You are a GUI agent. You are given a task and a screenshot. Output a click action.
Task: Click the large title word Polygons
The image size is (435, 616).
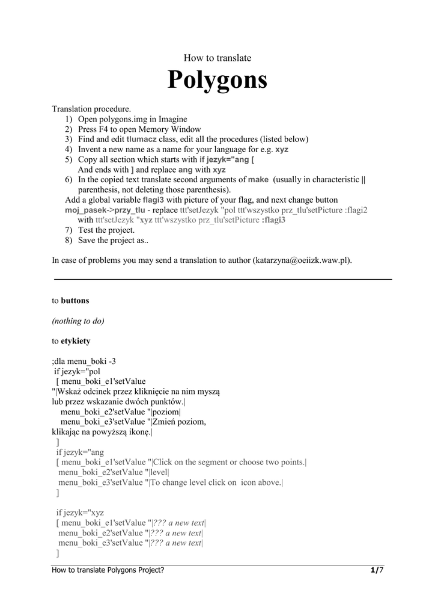coord(217,80)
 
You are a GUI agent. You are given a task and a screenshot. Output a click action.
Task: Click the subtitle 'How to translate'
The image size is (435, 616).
coord(217,58)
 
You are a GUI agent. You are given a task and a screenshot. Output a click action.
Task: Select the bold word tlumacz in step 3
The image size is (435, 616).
coord(141,139)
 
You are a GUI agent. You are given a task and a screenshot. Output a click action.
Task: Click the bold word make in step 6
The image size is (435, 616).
coord(258,179)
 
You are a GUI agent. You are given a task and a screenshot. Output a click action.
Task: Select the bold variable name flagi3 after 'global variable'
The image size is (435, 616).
coord(153,200)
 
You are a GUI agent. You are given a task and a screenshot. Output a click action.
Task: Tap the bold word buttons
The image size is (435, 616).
coord(75,300)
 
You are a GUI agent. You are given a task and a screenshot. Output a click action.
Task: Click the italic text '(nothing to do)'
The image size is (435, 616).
coord(78,321)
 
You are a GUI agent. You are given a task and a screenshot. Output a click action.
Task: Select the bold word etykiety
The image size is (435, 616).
coord(76,341)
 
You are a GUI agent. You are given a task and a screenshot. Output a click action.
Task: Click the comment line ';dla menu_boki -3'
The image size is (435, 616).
coord(84,361)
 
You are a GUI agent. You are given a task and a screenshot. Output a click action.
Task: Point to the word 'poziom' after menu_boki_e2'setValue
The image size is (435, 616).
coord(166,411)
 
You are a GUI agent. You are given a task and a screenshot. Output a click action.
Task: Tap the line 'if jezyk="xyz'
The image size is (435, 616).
coord(80,513)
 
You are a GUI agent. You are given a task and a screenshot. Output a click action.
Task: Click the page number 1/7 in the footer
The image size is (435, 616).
coord(377,570)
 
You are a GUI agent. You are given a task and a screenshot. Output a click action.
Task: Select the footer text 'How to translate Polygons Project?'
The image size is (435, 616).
coord(108,570)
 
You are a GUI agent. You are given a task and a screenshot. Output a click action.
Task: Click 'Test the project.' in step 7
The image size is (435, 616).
coord(106,230)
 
